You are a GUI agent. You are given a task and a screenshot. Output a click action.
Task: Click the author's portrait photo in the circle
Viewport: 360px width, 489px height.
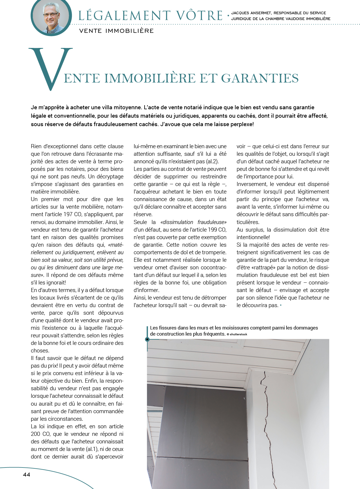51,17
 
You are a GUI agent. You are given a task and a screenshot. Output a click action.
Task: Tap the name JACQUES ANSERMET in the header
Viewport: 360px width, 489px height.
251,13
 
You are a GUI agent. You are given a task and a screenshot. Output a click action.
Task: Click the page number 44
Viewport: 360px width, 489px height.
26,474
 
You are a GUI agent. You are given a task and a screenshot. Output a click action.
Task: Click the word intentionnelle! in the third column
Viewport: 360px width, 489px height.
253,237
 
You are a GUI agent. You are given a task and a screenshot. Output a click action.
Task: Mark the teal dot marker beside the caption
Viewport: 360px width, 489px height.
147,339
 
